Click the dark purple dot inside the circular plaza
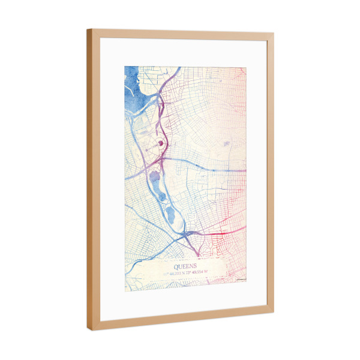click(161, 144)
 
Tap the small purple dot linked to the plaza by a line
click(146, 146)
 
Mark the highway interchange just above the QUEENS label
click(188, 233)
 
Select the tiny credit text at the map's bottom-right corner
click(239, 278)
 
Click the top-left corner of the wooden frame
click(89, 30)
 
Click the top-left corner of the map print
click(125, 66)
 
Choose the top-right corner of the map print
click(246, 67)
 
